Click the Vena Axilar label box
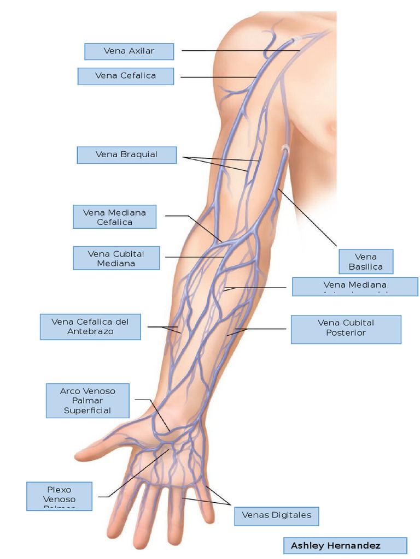pyautogui.click(x=129, y=51)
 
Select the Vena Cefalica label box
pyautogui.click(x=126, y=76)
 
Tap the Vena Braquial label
pyautogui.click(x=127, y=154)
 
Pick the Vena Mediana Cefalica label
pyautogui.click(x=115, y=217)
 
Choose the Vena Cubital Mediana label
pyautogui.click(x=116, y=258)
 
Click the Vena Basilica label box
pyautogui.click(x=365, y=261)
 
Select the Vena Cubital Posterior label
pyautogui.click(x=346, y=329)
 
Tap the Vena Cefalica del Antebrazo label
pyautogui.click(x=90, y=326)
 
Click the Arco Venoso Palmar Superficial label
pyautogui.click(x=87, y=401)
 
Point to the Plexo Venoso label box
pyautogui.click(x=60, y=496)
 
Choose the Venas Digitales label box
pyautogui.click(x=276, y=515)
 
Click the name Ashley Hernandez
pyautogui.click(x=336, y=545)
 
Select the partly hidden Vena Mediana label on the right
pyautogui.click(x=355, y=286)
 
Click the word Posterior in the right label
pyautogui.click(x=346, y=333)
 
